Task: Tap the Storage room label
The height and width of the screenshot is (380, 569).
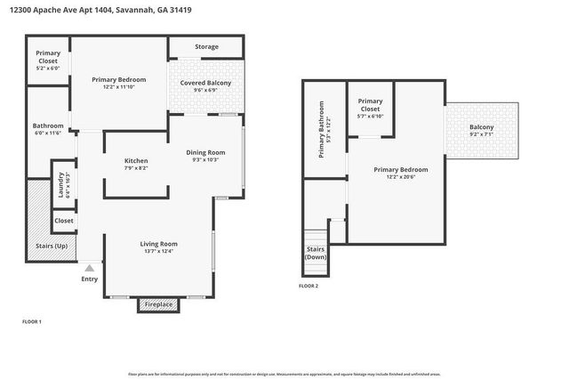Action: (x=206, y=46)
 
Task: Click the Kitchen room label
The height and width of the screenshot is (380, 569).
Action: (x=136, y=160)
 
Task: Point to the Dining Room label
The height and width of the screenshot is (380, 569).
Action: (x=209, y=152)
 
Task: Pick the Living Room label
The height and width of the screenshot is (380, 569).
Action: (x=159, y=243)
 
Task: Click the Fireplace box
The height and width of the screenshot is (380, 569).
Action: (x=159, y=304)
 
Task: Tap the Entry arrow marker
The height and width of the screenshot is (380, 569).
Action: (x=89, y=266)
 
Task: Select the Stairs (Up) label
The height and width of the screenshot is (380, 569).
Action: (x=49, y=246)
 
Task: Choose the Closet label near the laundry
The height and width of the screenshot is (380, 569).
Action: (x=64, y=221)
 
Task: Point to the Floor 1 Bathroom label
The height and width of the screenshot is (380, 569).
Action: (x=47, y=125)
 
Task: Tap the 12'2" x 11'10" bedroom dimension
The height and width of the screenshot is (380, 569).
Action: (x=119, y=87)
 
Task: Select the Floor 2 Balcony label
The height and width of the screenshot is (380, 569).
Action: (x=481, y=127)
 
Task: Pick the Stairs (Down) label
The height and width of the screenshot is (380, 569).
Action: (x=316, y=253)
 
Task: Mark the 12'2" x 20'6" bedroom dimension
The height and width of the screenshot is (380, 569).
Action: (x=400, y=177)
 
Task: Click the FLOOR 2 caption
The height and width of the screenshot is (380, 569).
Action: (x=308, y=286)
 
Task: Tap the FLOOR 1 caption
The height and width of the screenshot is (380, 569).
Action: (x=31, y=320)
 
